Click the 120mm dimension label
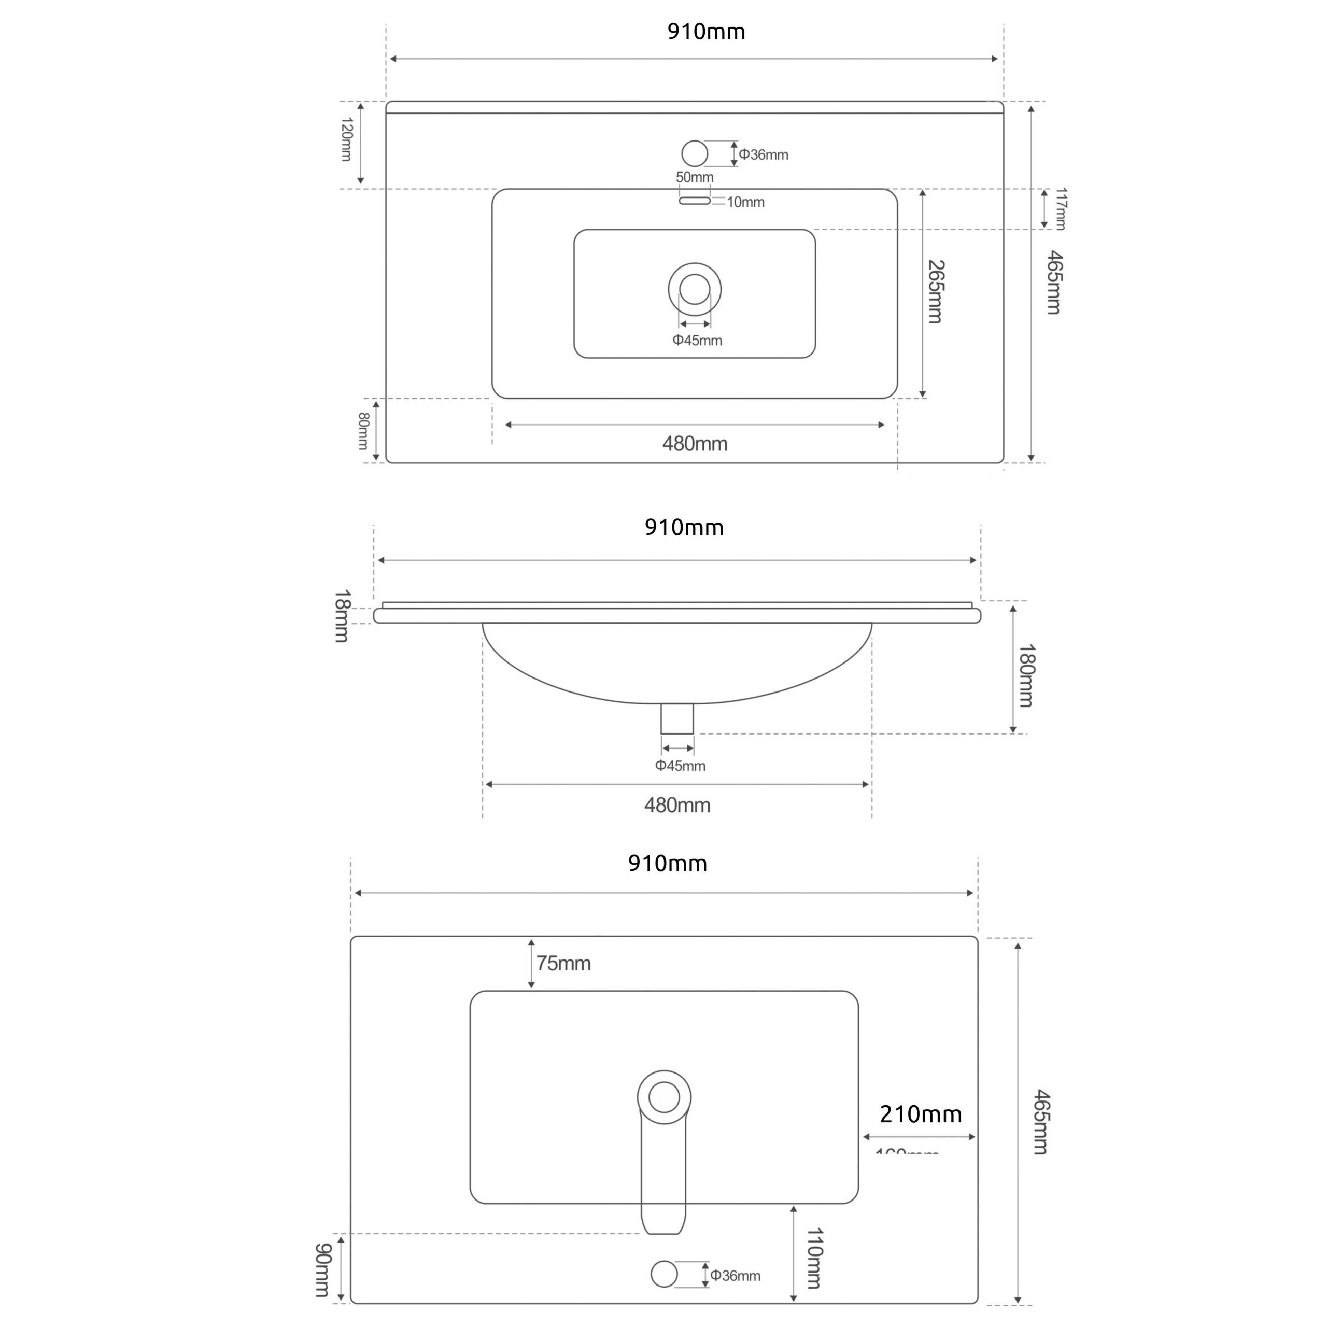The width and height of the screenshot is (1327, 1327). (x=346, y=139)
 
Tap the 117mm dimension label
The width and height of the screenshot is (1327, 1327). (x=1061, y=209)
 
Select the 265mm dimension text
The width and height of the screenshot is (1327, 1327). (x=936, y=291)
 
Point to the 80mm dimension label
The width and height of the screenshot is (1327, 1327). (x=363, y=431)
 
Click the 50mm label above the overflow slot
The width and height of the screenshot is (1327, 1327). (x=695, y=177)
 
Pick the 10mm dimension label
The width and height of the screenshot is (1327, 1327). (x=745, y=202)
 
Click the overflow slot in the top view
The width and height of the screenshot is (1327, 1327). (x=695, y=201)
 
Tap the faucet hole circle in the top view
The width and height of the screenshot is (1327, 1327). (x=695, y=153)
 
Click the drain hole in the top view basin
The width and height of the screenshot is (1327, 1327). (x=695, y=289)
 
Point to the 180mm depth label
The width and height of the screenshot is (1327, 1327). (x=1026, y=675)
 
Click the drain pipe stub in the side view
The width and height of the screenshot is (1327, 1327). (x=676, y=718)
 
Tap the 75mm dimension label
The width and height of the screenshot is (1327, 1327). (x=563, y=964)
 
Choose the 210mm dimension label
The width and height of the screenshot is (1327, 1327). (x=921, y=1114)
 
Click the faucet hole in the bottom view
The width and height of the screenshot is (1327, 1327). (x=663, y=1274)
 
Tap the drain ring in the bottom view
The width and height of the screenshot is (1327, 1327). (x=663, y=1097)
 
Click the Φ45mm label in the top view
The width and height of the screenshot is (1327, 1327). (x=697, y=340)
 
